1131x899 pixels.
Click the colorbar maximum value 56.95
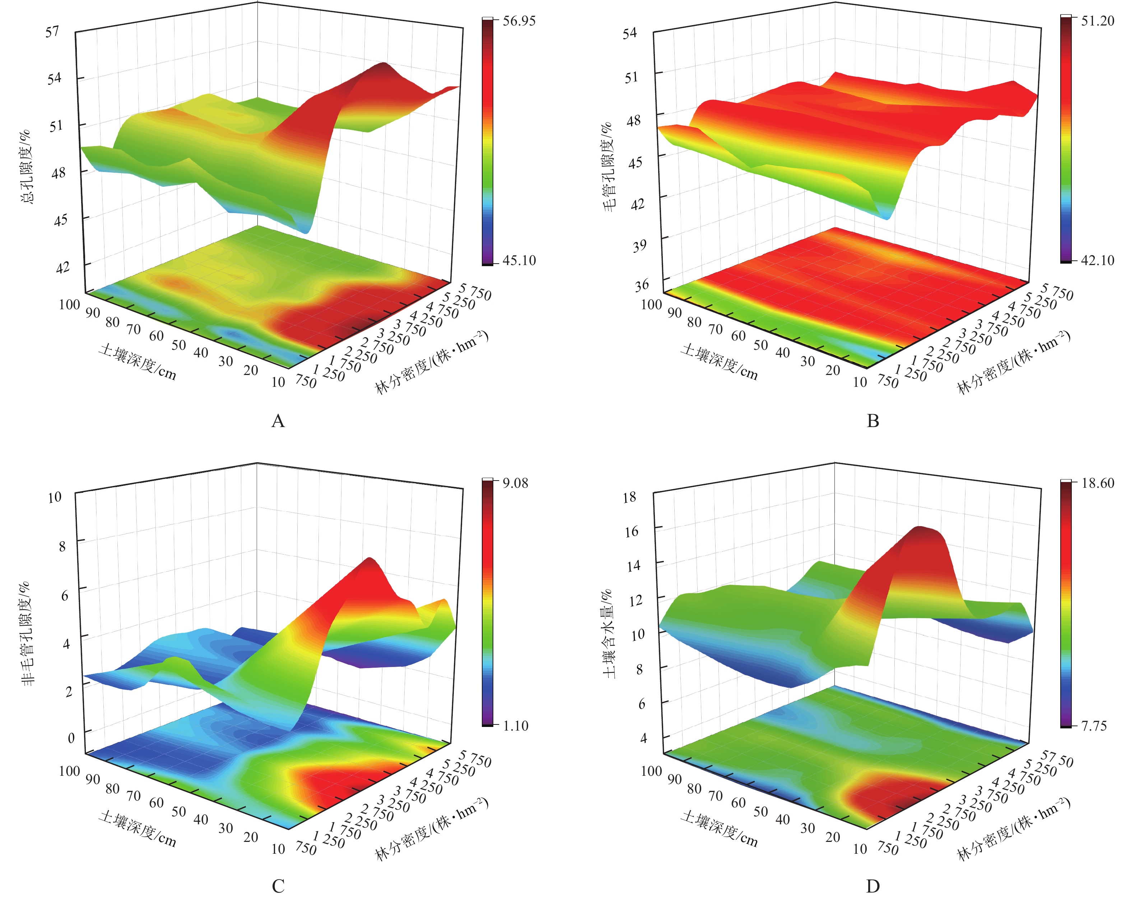[x=519, y=21]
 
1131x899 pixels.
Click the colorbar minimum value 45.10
[x=519, y=260]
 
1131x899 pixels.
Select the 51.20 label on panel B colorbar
[x=1097, y=21]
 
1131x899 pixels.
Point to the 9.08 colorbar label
[x=515, y=483]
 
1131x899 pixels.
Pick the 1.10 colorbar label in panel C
[x=515, y=726]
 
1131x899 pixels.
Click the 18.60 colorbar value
[x=1097, y=483]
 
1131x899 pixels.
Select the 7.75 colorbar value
[x=1094, y=726]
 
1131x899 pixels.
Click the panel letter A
[x=278, y=421]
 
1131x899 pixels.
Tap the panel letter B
[x=873, y=421]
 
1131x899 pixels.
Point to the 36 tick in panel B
[x=642, y=286]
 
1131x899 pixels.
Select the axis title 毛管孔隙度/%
[x=609, y=167]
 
